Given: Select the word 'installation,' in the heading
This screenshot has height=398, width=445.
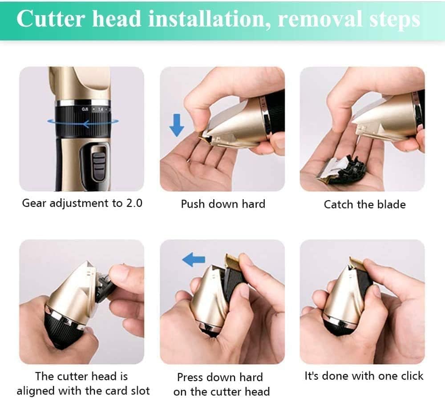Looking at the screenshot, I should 199,20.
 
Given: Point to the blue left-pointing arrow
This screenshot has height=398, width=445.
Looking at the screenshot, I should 194,259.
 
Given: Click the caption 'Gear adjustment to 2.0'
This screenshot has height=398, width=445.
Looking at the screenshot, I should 82,203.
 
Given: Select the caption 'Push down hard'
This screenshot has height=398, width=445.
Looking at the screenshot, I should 222,204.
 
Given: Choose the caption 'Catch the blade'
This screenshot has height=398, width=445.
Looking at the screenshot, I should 364,205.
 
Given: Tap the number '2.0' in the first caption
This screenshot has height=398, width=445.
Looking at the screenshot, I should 133,203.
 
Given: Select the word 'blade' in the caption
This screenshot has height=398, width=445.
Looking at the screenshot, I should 391,205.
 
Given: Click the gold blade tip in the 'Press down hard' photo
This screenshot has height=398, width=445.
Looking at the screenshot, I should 232,259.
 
